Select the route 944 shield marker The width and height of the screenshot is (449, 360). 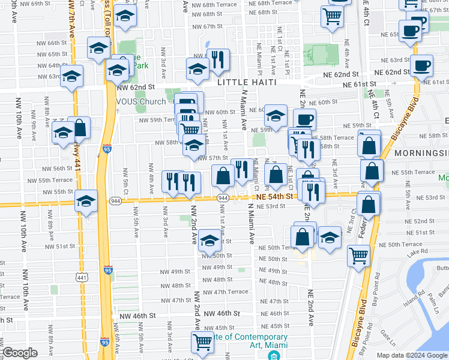222,197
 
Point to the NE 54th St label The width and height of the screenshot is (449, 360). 276,196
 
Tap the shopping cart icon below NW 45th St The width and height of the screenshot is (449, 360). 202,343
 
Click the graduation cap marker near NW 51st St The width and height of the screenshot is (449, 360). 209,240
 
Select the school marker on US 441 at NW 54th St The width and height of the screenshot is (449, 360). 86,201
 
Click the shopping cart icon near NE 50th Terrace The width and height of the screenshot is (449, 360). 358,256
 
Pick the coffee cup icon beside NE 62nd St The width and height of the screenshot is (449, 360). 422,65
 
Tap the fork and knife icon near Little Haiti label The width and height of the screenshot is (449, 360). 218,59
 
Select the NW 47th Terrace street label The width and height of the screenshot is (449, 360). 225,292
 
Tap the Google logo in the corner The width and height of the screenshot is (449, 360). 20,353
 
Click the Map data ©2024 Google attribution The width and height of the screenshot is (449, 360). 411,355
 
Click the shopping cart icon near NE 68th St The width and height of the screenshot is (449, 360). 332,17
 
